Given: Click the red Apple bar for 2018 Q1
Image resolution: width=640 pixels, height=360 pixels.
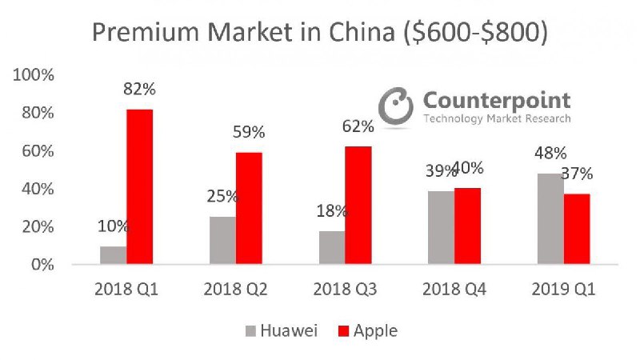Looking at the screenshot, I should (140, 186).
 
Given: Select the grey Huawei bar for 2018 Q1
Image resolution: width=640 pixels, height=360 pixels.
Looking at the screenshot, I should (114, 255).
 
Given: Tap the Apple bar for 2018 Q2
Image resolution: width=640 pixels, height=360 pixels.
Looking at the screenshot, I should (249, 208).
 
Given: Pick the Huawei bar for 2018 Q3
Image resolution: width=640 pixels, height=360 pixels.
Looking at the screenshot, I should (332, 247).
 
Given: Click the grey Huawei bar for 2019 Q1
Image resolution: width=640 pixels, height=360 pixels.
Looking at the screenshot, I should (550, 218).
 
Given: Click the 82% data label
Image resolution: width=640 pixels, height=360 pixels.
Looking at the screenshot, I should (140, 90).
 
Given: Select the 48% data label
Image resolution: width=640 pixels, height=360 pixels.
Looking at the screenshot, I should (550, 154).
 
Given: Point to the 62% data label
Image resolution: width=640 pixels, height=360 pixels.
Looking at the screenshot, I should (358, 126).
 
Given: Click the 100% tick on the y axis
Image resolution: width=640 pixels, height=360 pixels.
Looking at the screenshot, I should (33, 75).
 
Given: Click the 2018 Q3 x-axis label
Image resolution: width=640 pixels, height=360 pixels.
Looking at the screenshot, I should (345, 288).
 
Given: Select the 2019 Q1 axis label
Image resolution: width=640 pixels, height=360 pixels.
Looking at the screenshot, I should (563, 288).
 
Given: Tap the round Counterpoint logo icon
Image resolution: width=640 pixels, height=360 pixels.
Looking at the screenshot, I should (395, 106).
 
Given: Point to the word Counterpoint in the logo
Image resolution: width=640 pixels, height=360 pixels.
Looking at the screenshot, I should (496, 100).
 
